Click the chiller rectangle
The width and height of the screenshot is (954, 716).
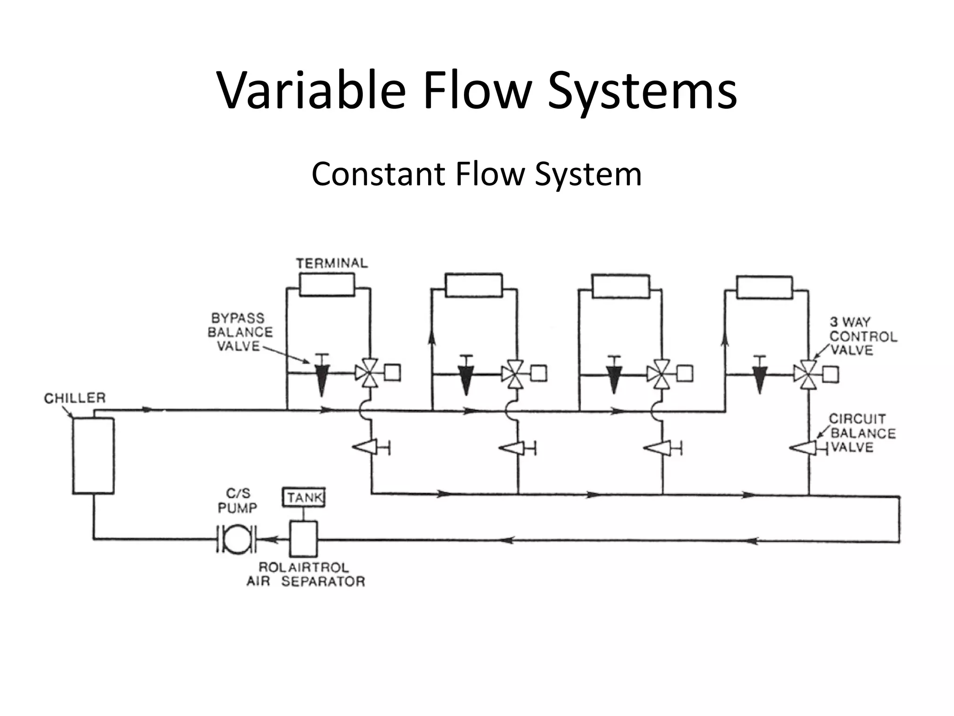pyautogui.click(x=93, y=455)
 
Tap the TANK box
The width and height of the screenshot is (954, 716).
pyautogui.click(x=304, y=497)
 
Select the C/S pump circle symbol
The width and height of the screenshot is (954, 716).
pyautogui.click(x=237, y=539)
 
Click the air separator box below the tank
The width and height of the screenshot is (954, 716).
pyautogui.click(x=303, y=539)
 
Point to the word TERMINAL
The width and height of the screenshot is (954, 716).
pyautogui.click(x=332, y=263)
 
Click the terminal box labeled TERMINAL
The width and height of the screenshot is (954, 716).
pyautogui.click(x=327, y=285)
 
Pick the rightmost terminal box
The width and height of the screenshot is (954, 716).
pyautogui.click(x=764, y=287)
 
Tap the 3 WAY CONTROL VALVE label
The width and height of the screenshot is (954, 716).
pyautogui.click(x=862, y=336)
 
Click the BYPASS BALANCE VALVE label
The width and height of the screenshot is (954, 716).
pyautogui.click(x=240, y=332)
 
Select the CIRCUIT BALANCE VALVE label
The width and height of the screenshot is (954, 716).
pyautogui.click(x=862, y=433)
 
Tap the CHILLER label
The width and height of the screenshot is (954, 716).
pyautogui.click(x=75, y=398)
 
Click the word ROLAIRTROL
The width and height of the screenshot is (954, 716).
pyautogui.click(x=303, y=567)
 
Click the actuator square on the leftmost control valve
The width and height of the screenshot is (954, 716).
pyautogui.click(x=392, y=373)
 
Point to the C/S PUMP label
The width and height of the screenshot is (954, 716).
pyautogui.click(x=238, y=500)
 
